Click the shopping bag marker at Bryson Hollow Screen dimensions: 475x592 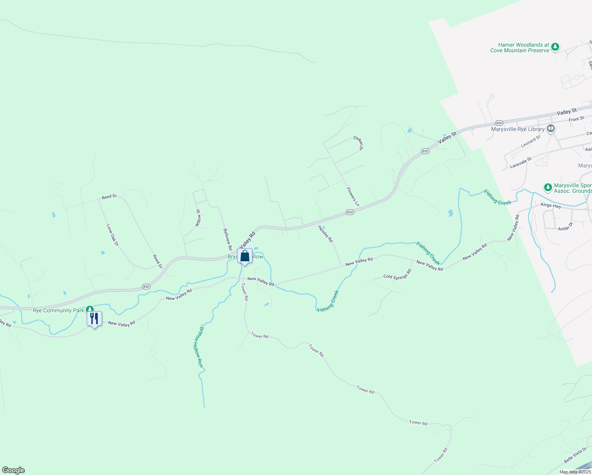pos(245,256)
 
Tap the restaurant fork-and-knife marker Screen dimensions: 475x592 pos(94,319)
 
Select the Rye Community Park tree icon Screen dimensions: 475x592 pos(90,309)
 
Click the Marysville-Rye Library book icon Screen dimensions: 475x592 pos(550,128)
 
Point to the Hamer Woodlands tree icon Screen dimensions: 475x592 pos(555,47)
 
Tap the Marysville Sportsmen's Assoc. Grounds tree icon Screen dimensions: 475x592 pos(548,187)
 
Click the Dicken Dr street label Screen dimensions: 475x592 pos(359,143)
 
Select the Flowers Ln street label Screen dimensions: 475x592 pos(353,197)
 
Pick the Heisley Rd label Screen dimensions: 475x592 pos(326,234)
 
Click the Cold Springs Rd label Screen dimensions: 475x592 pos(398,274)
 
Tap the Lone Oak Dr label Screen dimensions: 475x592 pos(112,235)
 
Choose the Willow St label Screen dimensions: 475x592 pos(198,218)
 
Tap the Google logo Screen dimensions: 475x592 pos(13,470)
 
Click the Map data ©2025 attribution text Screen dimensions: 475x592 pos(575,472)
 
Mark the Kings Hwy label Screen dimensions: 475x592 pos(551,205)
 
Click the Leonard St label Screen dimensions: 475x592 pos(531,142)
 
